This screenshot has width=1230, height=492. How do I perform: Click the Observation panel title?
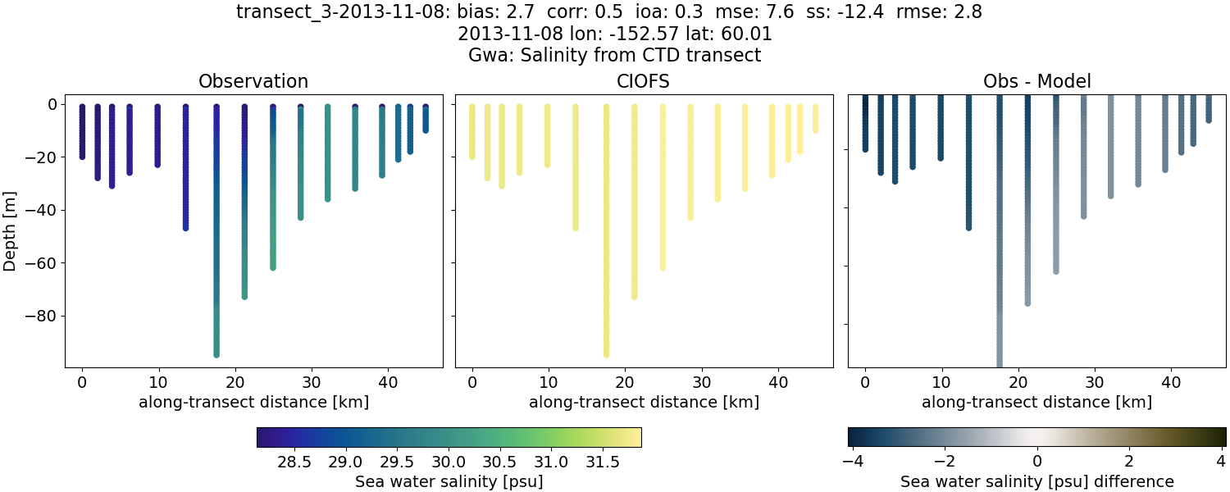(x=253, y=81)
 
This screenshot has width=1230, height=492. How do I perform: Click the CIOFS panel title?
(x=644, y=81)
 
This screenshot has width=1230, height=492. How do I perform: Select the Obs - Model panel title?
(x=1036, y=81)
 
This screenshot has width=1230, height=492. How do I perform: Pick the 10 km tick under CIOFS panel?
(x=549, y=381)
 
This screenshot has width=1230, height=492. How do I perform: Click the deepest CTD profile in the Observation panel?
(x=216, y=246)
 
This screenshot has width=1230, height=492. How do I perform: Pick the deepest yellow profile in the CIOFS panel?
(x=606, y=246)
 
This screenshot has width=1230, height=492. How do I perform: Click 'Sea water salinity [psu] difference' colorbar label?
(x=1036, y=481)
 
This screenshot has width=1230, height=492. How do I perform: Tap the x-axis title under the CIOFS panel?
(x=644, y=402)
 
